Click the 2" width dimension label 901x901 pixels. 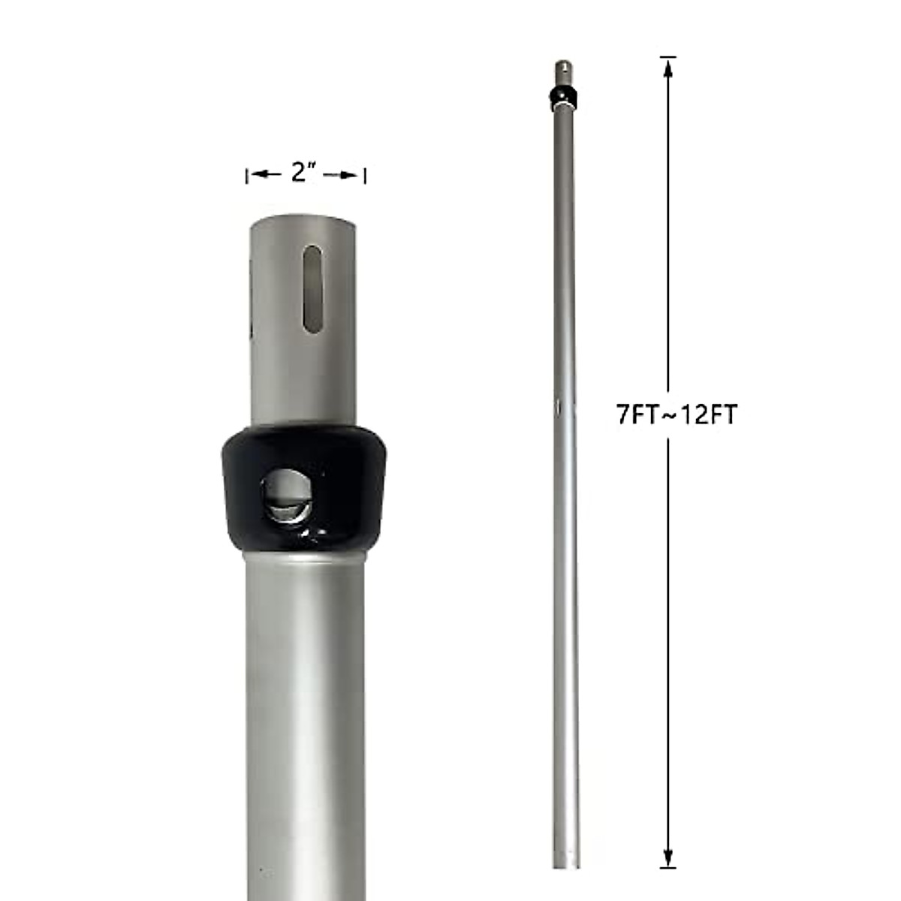point(302,173)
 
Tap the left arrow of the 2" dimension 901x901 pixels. point(260,175)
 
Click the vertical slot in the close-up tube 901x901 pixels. point(312,288)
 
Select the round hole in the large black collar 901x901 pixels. point(285,496)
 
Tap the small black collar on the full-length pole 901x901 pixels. point(563,96)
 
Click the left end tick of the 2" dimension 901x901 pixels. point(247,176)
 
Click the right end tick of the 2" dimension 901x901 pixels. point(365,176)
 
